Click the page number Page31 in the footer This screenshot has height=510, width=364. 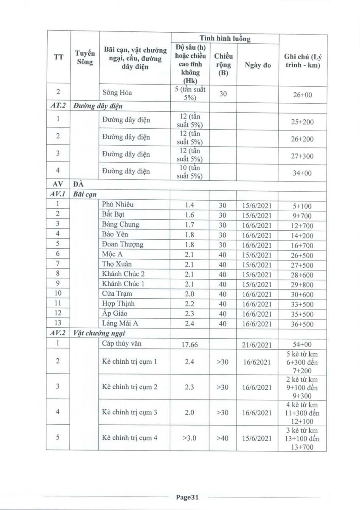coord(187,497)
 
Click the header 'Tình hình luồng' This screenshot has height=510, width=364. coord(225,39)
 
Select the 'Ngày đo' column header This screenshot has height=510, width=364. coord(258,65)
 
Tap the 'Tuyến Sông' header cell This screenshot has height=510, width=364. coord(85,57)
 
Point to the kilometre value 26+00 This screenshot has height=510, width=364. coord(303,95)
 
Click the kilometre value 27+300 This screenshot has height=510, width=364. coord(303,156)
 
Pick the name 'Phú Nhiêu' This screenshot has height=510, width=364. coord(118,204)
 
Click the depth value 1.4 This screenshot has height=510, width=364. coord(189,205)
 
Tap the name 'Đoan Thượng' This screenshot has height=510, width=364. coord(123,244)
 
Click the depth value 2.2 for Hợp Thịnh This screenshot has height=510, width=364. coord(189,304)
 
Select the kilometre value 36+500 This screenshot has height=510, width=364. coord(303,324)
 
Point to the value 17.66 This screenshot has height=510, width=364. coord(189,345)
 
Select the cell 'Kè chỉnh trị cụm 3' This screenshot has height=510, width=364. coord(130,412)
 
